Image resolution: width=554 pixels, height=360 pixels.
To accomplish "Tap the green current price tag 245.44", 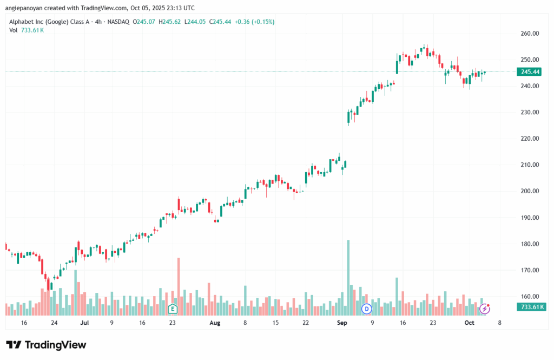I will [530, 71].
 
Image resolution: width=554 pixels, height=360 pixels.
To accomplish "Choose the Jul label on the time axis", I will [84, 323].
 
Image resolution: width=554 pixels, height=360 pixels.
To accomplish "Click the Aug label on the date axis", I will [215, 323].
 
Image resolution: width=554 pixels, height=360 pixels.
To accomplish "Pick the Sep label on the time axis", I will [341, 323].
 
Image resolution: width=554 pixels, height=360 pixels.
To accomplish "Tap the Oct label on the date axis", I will [469, 323].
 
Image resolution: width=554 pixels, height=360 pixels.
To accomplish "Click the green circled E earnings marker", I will [173, 309].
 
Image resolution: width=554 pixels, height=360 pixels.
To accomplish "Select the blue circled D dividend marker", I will [367, 309].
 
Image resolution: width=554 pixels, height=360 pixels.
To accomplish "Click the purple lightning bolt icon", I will [485, 309].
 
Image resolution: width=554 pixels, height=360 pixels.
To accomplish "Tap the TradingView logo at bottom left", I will [46, 345].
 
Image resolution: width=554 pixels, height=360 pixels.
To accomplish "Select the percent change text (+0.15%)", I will [263, 22].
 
